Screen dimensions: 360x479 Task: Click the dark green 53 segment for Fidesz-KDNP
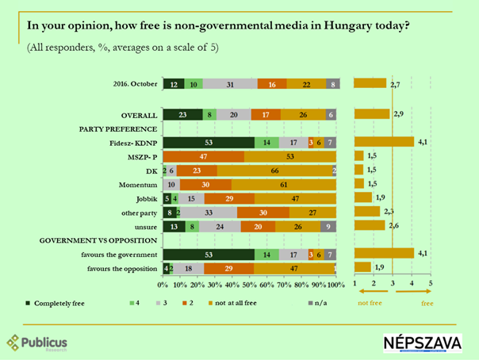(208, 142)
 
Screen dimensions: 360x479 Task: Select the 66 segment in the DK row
(274, 170)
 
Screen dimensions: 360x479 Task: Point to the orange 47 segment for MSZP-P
(203, 156)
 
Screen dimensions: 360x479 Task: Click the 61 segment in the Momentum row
(284, 183)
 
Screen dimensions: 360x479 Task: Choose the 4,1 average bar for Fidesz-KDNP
(384, 142)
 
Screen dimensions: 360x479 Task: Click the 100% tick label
(336, 284)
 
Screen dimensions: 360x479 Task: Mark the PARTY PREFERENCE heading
(113, 128)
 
